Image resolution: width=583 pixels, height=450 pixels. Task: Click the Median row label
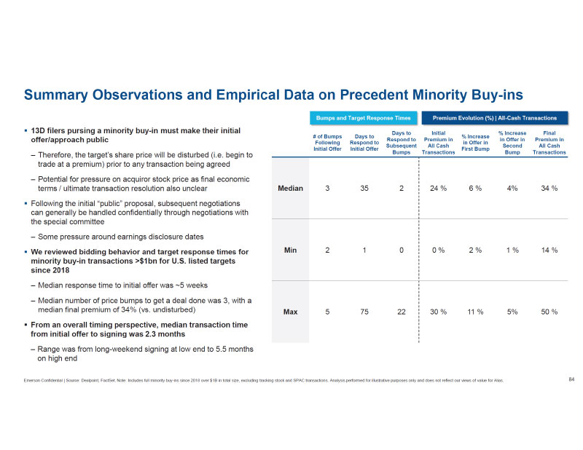click(291, 188)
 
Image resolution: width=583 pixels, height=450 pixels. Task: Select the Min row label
click(290, 250)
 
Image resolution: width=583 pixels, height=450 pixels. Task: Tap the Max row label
click(290, 312)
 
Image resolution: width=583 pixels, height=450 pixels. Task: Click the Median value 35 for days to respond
click(365, 188)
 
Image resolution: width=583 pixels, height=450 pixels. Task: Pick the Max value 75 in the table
click(365, 312)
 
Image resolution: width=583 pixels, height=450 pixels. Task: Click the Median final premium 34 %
click(549, 188)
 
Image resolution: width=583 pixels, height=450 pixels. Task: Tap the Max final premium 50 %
click(549, 312)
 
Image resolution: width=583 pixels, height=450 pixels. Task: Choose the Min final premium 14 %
click(549, 250)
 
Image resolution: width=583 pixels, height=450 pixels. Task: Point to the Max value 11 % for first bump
click(475, 312)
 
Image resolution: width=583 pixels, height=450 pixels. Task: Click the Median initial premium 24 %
click(439, 188)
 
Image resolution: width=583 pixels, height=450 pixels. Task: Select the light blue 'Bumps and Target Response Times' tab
click(364, 118)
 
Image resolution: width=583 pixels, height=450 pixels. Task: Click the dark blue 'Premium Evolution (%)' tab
click(494, 118)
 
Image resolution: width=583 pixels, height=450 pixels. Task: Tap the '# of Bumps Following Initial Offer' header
click(328, 143)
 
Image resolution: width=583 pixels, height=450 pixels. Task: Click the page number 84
click(571, 379)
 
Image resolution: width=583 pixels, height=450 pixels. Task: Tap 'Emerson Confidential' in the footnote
click(43, 380)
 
